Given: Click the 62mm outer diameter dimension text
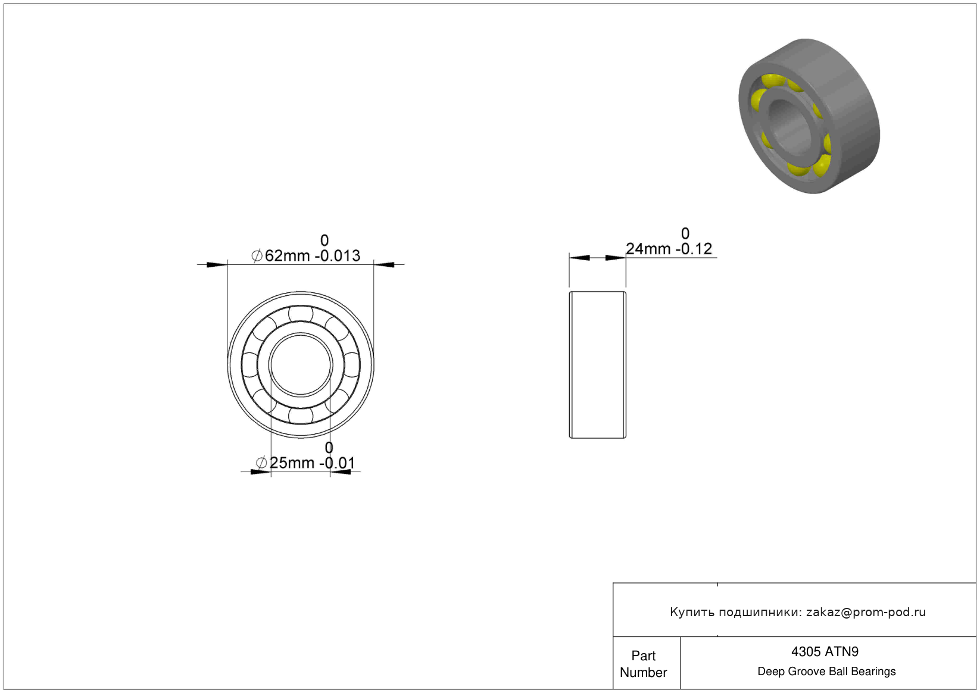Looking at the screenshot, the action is point(305,255).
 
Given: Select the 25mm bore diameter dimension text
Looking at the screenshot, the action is point(305,463).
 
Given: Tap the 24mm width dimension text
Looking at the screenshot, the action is point(669,248).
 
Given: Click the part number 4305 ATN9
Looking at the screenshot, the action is point(825,651).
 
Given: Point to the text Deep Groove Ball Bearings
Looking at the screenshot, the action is point(826,671).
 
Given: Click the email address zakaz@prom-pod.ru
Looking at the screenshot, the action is point(866,611).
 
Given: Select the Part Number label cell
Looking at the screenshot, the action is point(643,664).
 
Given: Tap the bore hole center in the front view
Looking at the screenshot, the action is point(301,364).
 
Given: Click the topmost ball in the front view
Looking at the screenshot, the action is point(301,314).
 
